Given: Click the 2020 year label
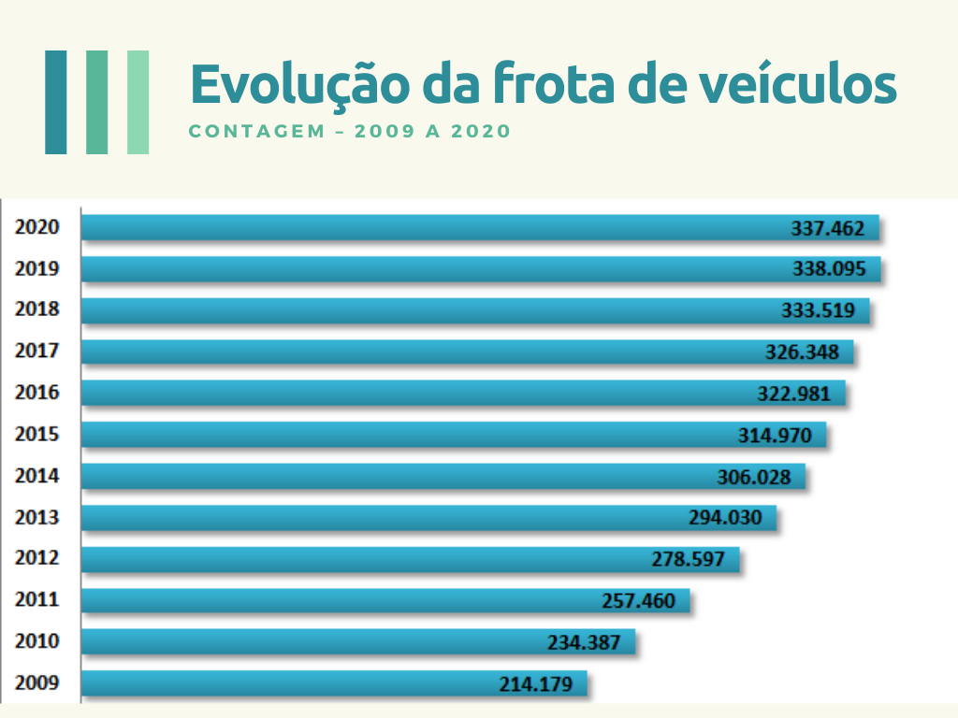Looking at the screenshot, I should pyautogui.click(x=36, y=227).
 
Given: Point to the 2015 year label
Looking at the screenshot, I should pyautogui.click(x=36, y=434).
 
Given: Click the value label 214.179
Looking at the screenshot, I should pyautogui.click(x=535, y=683).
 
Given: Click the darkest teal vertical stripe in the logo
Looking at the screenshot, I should pyautogui.click(x=56, y=102).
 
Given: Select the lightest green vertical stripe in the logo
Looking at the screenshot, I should pyautogui.click(x=138, y=102).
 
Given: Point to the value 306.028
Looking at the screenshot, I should pyautogui.click(x=754, y=477).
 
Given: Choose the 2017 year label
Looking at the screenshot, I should pyautogui.click(x=36, y=352).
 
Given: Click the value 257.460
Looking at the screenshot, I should pyautogui.click(x=638, y=600).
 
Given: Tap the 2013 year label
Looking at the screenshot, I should pyautogui.click(x=36, y=517).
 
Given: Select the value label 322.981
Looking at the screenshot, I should pyautogui.click(x=793, y=394).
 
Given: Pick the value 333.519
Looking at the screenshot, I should pyautogui.click(x=818, y=310).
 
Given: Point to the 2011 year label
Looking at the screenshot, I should pyautogui.click(x=36, y=599).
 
